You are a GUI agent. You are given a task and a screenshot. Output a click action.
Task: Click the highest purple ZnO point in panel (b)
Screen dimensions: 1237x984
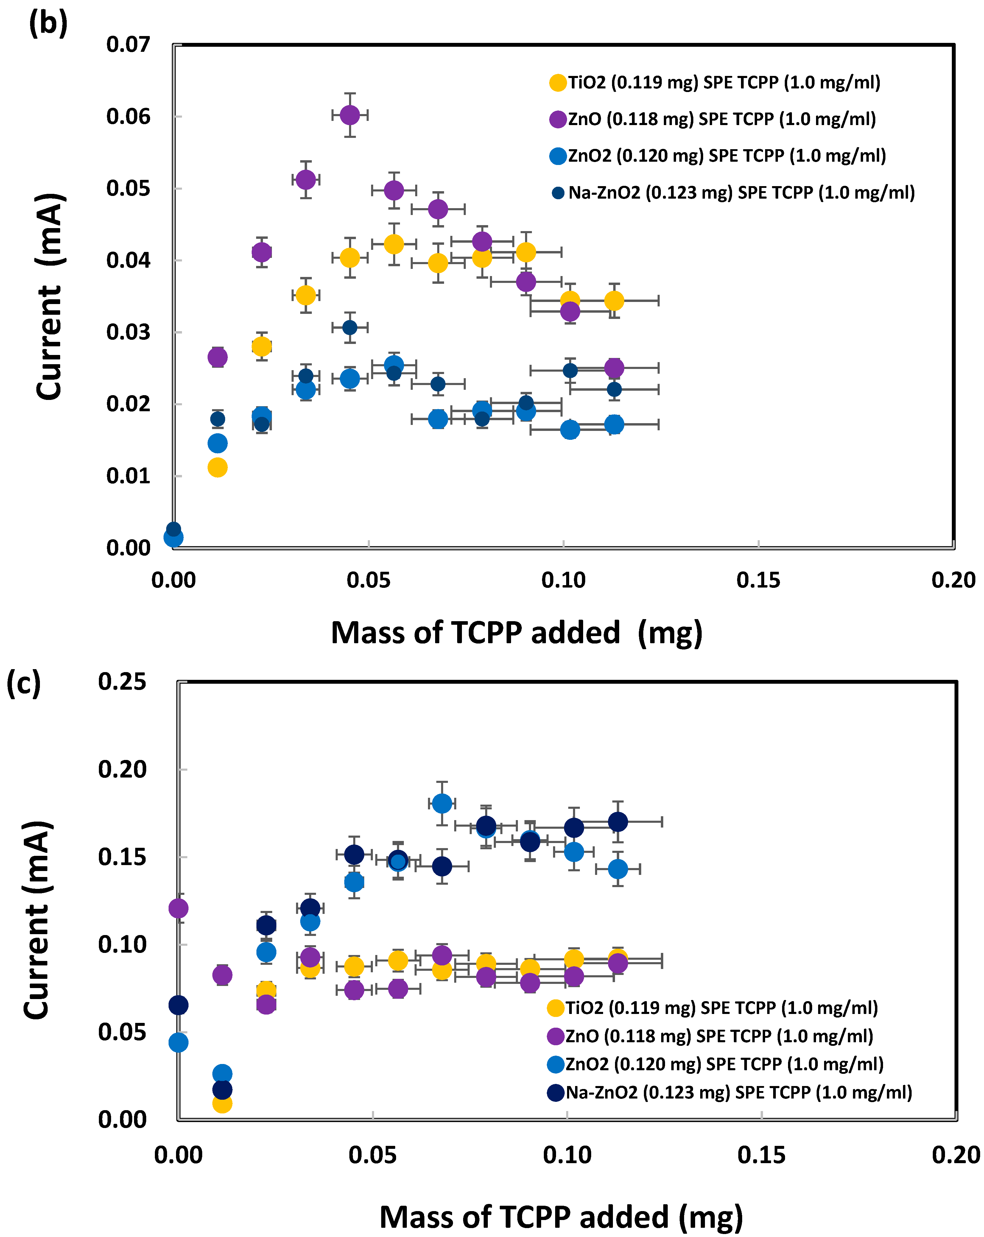(349, 115)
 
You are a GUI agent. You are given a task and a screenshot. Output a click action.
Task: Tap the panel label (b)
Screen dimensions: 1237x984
(48, 24)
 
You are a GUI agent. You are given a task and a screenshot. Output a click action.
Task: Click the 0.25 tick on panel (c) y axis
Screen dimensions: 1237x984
(122, 682)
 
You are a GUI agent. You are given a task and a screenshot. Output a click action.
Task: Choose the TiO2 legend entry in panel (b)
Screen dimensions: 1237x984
(715, 82)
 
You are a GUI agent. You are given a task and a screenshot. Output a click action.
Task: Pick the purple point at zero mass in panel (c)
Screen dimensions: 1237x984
(178, 908)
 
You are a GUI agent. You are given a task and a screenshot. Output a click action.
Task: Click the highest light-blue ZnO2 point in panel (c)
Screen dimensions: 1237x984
(442, 803)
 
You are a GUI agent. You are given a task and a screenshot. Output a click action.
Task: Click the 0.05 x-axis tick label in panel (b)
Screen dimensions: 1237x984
(368, 580)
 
